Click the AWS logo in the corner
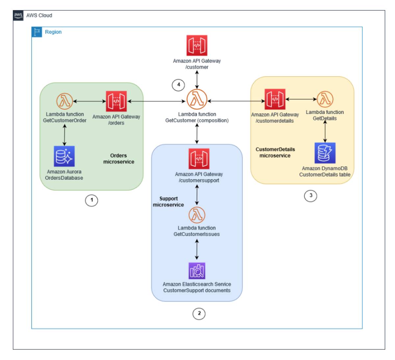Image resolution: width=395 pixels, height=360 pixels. pos(18,15)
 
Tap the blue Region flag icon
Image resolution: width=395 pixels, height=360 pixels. pos(37,32)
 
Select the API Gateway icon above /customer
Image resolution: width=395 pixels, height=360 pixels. pos(197,45)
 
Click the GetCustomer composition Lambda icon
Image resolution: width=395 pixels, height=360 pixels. pos(197,99)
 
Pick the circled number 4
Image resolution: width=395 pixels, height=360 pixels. pos(178,85)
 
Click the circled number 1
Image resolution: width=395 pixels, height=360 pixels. pos(92,200)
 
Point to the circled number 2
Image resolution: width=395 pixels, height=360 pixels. pos(199,314)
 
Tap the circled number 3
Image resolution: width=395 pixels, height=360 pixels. pos(310,196)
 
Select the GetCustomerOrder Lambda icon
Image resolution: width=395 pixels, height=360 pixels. pos(65,101)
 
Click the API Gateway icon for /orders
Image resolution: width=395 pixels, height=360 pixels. pos(116,101)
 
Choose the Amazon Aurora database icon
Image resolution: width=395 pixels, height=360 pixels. pos(64,156)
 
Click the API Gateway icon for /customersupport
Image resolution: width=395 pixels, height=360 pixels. pos(199,159)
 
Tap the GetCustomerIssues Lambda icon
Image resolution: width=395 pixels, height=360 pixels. pos(197,215)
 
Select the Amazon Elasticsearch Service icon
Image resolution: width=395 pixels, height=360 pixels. pos(197,271)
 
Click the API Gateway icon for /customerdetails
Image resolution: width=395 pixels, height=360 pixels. pos(275,99)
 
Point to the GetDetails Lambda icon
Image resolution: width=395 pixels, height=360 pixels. pos(325,99)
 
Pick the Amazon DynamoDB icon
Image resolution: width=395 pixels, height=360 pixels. pos(325,153)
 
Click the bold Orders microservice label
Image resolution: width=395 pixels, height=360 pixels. pos(118,159)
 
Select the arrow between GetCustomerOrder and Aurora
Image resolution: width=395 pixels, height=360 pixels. pos(65,135)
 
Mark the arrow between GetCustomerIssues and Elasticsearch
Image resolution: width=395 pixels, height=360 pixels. pos(197,249)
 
